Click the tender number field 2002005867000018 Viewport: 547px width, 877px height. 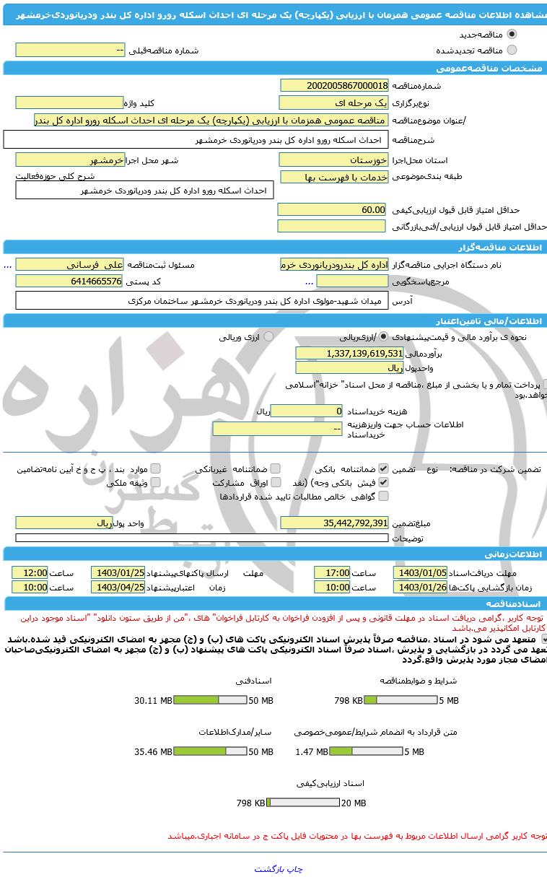[334, 86]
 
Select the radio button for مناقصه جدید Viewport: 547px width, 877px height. [512, 35]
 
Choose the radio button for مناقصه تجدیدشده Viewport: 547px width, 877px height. [512, 51]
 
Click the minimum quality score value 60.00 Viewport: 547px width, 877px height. [333, 209]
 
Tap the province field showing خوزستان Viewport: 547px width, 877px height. [334, 160]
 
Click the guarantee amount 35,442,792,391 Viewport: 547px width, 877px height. [334, 523]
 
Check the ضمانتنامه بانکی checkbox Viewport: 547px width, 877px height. [383, 468]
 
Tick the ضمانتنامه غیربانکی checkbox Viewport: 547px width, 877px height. [275, 468]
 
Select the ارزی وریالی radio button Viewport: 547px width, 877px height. [268, 336]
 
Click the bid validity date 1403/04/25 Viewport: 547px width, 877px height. [118, 588]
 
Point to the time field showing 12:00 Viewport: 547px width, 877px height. [30, 572]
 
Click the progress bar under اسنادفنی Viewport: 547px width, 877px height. [210, 700]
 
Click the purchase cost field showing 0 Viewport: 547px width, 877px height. [307, 411]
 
